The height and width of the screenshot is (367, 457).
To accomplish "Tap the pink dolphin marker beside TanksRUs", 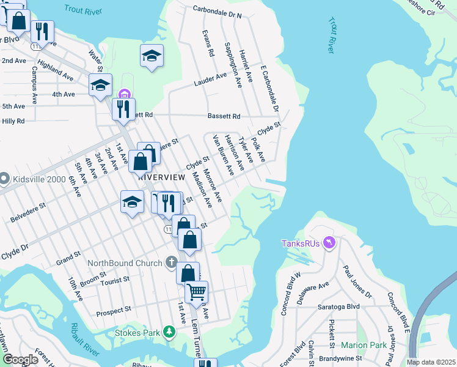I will pyautogui.click(x=330, y=243).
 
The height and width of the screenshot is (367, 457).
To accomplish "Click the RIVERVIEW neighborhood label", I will pyautogui.click(x=162, y=176).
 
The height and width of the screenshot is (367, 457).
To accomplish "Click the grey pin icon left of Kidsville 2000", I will pyautogui.click(x=4, y=179).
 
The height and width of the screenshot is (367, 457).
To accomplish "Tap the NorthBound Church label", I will pyautogui.click(x=125, y=264).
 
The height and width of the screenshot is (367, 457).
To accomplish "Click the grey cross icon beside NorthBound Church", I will pyautogui.click(x=173, y=264).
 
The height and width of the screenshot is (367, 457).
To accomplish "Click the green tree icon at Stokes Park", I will pyautogui.click(x=169, y=332).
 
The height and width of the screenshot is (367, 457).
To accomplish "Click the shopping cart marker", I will pyautogui.click(x=196, y=292).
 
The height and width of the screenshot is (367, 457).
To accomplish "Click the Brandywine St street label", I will pyautogui.click(x=346, y=361).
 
